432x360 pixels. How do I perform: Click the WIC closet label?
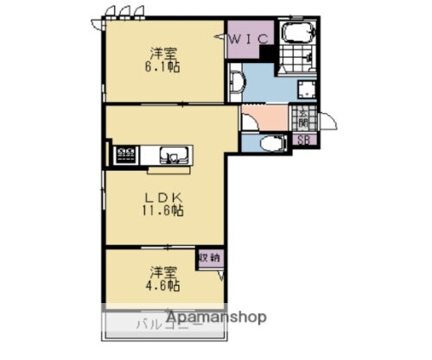[251, 38]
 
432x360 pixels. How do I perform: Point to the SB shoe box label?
[304, 141]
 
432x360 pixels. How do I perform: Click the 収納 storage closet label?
[209, 257]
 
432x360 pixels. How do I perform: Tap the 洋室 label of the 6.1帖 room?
[162, 50]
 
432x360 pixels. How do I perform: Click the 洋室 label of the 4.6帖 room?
[159, 269]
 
